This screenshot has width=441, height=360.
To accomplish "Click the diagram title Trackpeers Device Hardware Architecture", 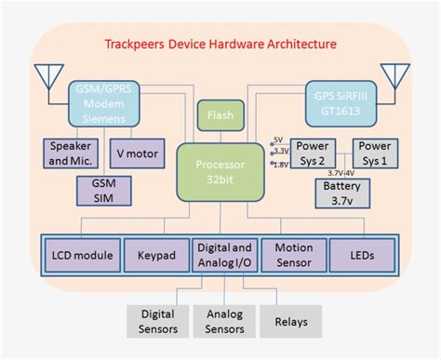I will point(220,44).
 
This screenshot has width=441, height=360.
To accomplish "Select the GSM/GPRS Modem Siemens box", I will point(104,103).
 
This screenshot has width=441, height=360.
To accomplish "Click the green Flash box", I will point(220,115).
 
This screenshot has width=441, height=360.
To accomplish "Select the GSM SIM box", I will point(104,191).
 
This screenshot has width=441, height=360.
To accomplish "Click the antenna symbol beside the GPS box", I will point(395,78).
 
